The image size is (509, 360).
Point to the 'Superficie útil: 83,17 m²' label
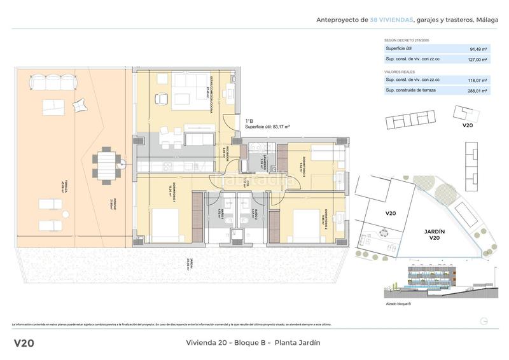[x=267, y=127]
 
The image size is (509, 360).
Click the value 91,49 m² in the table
[x=478, y=48]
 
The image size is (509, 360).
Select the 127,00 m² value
[x=478, y=59]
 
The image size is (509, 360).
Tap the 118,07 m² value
[x=478, y=80]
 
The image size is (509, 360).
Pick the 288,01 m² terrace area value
[x=478, y=91]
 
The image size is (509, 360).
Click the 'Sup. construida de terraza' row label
[x=412, y=91]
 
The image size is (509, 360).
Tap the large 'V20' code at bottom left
[x=24, y=343]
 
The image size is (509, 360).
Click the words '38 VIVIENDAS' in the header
[x=391, y=20]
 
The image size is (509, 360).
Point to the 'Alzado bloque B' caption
[x=397, y=304]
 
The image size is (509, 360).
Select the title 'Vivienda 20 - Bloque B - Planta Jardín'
[x=253, y=343]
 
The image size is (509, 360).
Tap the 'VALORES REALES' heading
[x=399, y=72]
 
